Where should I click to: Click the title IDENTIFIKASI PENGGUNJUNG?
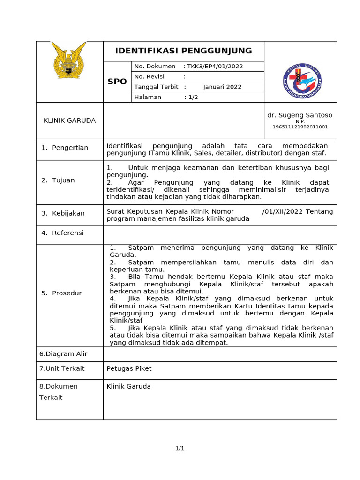pyautogui.click(x=183, y=51)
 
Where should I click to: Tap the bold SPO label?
pyautogui.click(x=117, y=82)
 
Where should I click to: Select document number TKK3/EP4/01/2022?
pyautogui.click(x=215, y=66)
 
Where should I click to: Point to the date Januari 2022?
pyautogui.click(x=222, y=87)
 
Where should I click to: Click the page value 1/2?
pyautogui.click(x=193, y=97)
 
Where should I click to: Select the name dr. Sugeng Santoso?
pyautogui.click(x=300, y=115)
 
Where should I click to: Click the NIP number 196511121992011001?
pyautogui.click(x=300, y=127)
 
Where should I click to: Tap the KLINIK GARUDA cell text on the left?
pyautogui.click(x=69, y=120)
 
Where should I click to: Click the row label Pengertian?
pyautogui.click(x=70, y=148)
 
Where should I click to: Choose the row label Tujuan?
pyautogui.click(x=63, y=180)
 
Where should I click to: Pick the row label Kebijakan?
pyautogui.click(x=68, y=213)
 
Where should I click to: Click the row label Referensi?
pyautogui.click(x=67, y=233)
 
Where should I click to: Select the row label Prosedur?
pyautogui.click(x=67, y=293)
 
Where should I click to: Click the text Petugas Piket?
pyautogui.click(x=129, y=368)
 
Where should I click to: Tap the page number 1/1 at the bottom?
pyautogui.click(x=180, y=449)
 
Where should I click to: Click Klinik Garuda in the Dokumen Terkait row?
pyautogui.click(x=128, y=386)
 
